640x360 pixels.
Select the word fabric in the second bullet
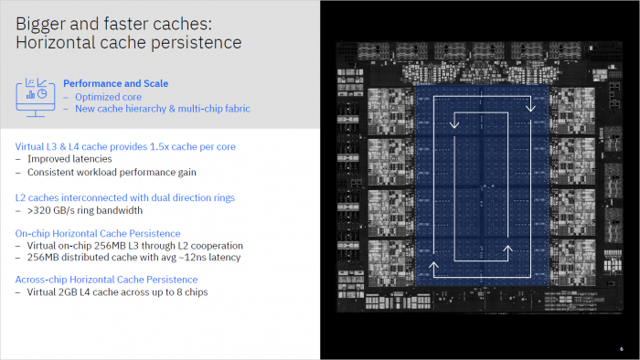234,109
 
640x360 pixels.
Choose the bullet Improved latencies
69,158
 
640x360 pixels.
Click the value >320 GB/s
54,209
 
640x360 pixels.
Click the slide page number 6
622,345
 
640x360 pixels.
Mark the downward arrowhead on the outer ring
528,108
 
